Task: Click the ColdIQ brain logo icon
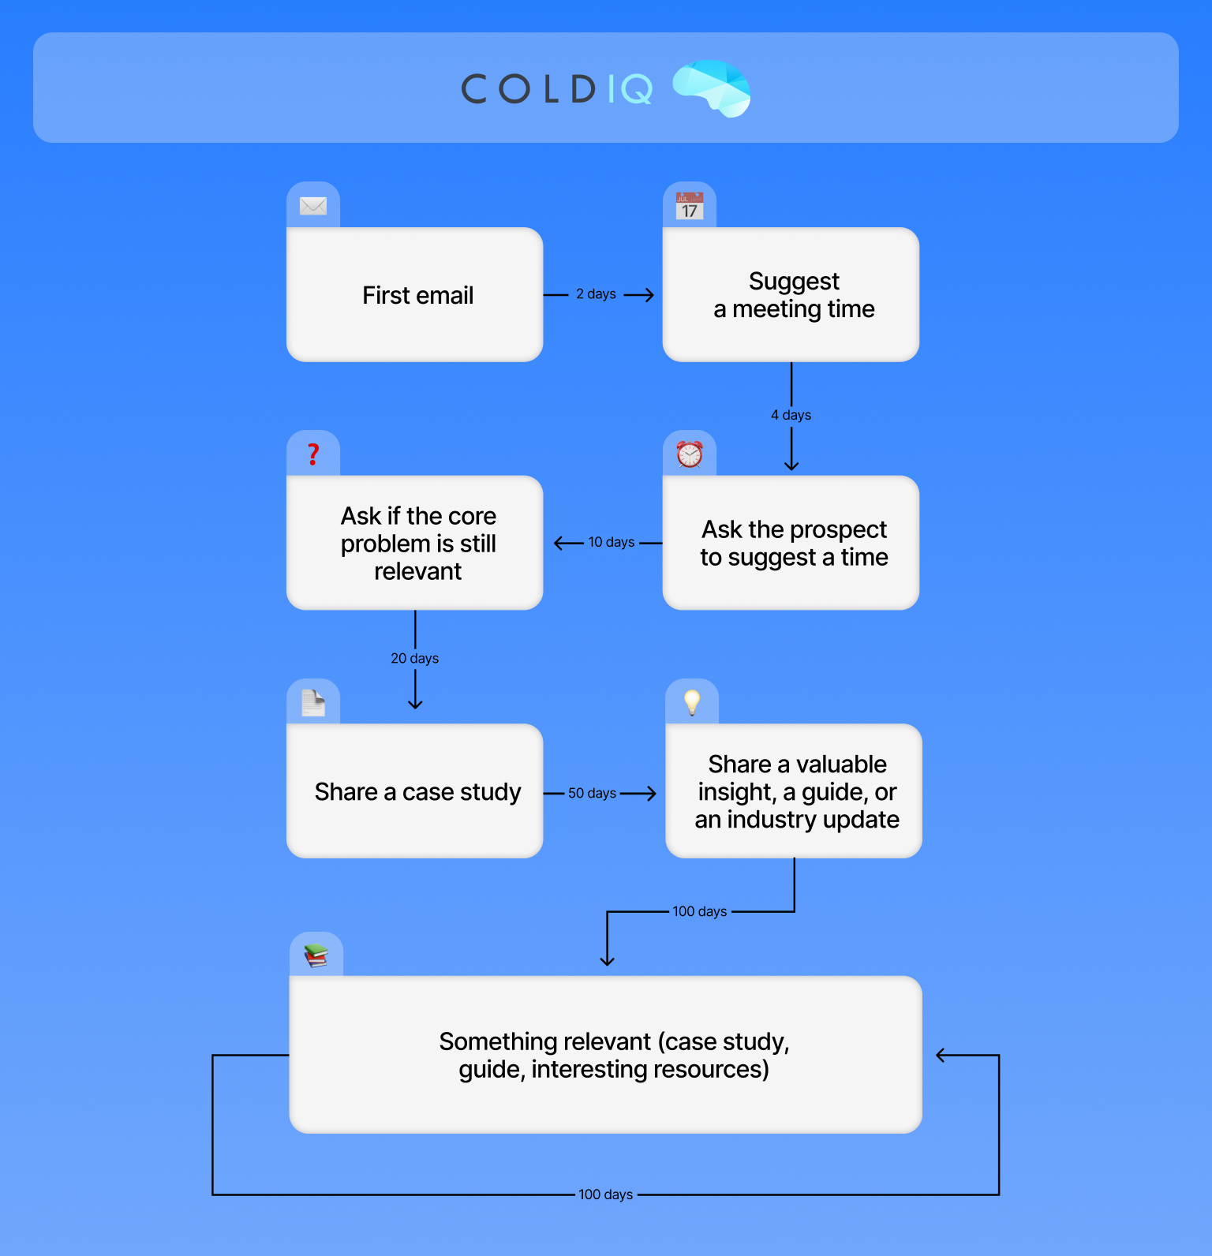tap(712, 88)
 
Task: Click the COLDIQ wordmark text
tap(557, 89)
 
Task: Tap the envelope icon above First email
tap(313, 206)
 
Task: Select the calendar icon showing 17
tap(690, 206)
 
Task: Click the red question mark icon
tap(313, 454)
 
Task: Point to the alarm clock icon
tap(690, 454)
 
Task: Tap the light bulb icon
tap(692, 702)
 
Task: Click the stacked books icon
tap(316, 955)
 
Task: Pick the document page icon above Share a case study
tap(313, 702)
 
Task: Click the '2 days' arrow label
tap(596, 294)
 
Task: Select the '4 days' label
tap(791, 415)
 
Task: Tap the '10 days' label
tap(612, 542)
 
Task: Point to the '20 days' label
tap(415, 658)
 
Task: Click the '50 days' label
tap(592, 793)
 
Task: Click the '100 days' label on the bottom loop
tap(606, 1194)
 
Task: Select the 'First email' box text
tap(418, 295)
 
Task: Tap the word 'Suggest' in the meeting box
tap(794, 282)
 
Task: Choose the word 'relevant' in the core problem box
tap(418, 571)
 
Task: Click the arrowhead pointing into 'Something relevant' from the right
tap(941, 1056)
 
